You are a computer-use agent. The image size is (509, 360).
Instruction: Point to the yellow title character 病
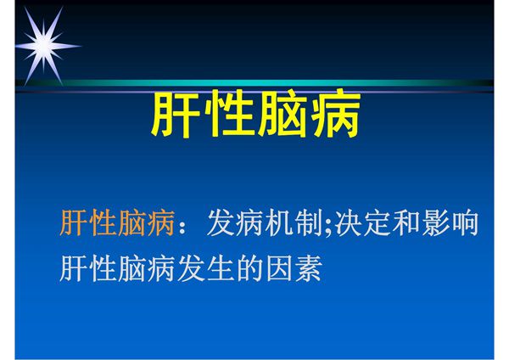click(334, 116)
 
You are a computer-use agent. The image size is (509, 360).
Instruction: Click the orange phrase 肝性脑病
click(117, 223)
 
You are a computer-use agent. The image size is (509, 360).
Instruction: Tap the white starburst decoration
click(40, 43)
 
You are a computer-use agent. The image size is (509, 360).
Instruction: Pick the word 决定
click(362, 223)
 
